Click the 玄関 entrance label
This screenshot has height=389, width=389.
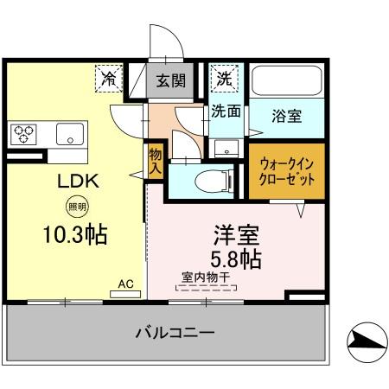click(x=171, y=81)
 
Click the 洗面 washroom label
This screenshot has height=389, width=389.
click(x=226, y=111)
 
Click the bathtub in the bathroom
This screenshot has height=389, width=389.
click(x=287, y=81)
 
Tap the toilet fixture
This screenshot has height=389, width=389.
click(x=208, y=180)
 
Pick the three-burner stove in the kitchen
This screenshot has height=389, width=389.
click(x=23, y=134)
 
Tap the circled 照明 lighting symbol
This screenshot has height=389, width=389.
click(x=77, y=207)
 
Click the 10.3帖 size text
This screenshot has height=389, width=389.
click(x=77, y=234)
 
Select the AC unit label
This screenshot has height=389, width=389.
click(x=125, y=284)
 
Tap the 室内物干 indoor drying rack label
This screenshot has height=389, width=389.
click(x=206, y=277)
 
